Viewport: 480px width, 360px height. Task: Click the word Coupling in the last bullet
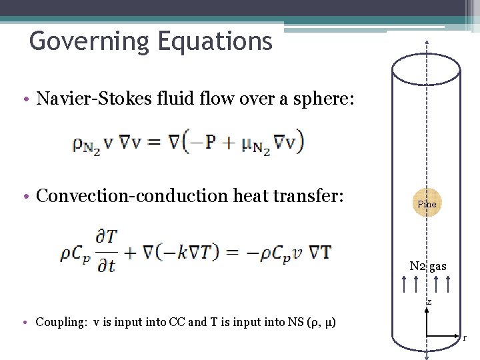pyautogui.click(x=61, y=323)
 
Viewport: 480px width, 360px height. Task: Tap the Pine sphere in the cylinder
pyautogui.click(x=426, y=203)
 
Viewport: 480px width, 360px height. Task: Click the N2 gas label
pyautogui.click(x=428, y=267)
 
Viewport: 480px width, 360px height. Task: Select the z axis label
pyautogui.click(x=429, y=303)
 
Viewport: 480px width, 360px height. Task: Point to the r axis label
pyautogui.click(x=465, y=338)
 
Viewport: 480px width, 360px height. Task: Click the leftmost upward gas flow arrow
pyautogui.click(x=405, y=284)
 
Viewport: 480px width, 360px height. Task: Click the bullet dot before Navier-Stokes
pyautogui.click(x=24, y=100)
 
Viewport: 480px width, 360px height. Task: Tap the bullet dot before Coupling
pyautogui.click(x=24, y=323)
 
